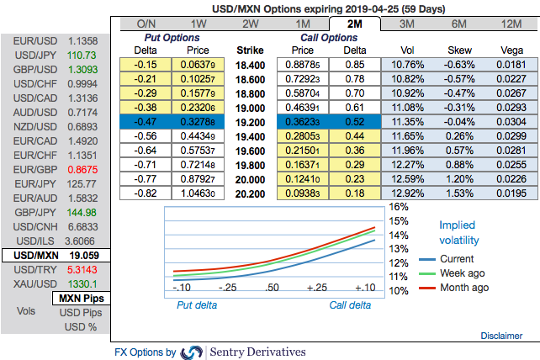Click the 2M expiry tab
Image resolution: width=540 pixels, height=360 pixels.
click(x=355, y=24)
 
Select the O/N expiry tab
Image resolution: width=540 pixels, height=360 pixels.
click(x=146, y=24)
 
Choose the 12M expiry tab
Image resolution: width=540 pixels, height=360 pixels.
click(x=511, y=24)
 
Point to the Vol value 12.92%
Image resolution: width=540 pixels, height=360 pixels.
click(x=407, y=192)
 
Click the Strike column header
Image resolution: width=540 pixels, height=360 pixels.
click(x=250, y=50)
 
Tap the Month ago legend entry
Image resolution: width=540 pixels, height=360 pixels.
click(x=463, y=288)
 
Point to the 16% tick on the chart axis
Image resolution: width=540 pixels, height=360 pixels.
click(x=398, y=206)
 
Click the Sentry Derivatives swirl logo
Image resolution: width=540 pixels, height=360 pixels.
click(x=193, y=352)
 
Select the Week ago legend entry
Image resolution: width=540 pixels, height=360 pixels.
click(x=463, y=273)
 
